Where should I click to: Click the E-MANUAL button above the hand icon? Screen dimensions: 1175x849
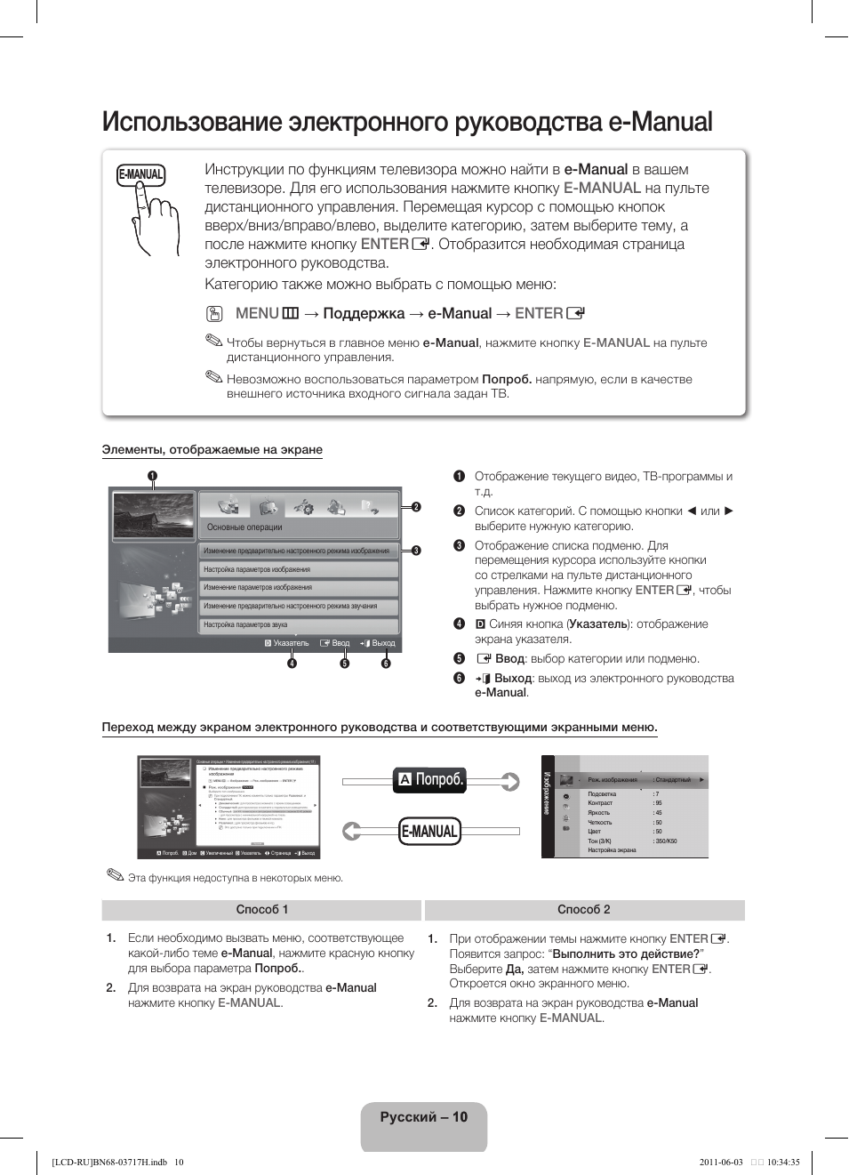(x=141, y=174)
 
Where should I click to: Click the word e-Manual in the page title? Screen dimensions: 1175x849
(x=661, y=122)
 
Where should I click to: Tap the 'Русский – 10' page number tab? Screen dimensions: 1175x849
(x=423, y=1117)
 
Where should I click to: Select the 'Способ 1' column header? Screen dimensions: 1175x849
(x=261, y=909)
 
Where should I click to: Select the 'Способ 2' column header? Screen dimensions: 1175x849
(x=584, y=909)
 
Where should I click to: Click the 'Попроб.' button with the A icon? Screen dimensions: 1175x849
(x=430, y=779)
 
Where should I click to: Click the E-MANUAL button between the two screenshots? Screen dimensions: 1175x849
(x=429, y=832)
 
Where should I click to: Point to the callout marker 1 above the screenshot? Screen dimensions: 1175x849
(x=153, y=476)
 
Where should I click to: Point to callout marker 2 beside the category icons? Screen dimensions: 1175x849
(x=415, y=507)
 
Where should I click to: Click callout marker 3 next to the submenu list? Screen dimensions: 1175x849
(x=415, y=551)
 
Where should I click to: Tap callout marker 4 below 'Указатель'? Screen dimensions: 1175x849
(x=292, y=663)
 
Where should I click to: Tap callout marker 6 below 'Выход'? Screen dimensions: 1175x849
(x=386, y=663)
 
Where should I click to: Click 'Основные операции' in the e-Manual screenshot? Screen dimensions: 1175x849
(x=244, y=527)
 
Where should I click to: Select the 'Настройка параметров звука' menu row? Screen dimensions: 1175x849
(x=298, y=624)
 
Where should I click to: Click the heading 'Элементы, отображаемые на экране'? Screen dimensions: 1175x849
(x=212, y=449)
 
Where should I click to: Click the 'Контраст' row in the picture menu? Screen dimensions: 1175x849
(x=601, y=803)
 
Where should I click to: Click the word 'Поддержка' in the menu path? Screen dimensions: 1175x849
(x=364, y=313)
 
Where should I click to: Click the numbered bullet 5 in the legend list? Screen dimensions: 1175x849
(x=459, y=658)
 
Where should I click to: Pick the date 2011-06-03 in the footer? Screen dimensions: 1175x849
(x=721, y=1162)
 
